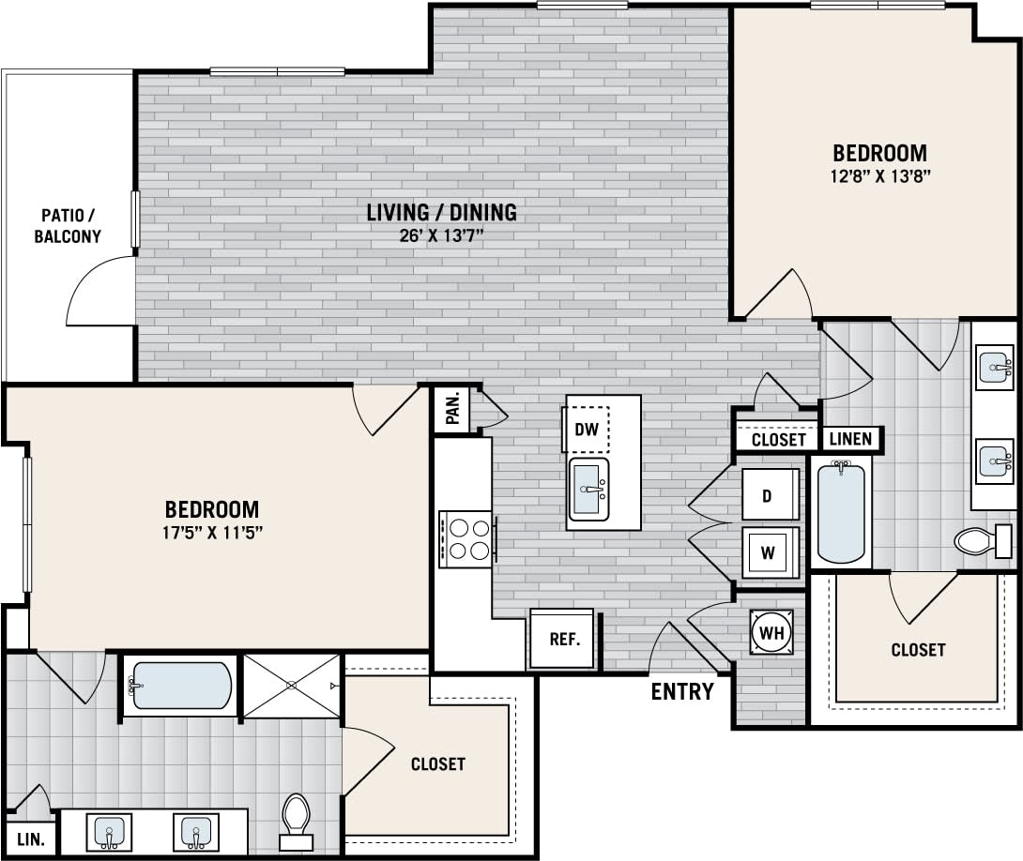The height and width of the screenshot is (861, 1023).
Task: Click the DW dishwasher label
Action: click(587, 430)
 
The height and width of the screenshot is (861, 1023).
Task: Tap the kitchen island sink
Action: click(589, 488)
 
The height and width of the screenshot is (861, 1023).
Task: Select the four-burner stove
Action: click(466, 538)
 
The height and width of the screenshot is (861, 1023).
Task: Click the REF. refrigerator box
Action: click(563, 640)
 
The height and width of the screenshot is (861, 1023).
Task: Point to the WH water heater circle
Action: click(771, 633)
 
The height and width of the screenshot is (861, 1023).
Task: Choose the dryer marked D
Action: click(769, 495)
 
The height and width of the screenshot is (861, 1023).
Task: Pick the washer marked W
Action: click(769, 551)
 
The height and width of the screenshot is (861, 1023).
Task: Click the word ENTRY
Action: click(682, 692)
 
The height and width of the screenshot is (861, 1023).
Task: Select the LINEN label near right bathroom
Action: click(852, 438)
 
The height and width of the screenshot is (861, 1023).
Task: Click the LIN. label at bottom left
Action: click(30, 838)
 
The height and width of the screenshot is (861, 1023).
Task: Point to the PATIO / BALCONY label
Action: click(68, 226)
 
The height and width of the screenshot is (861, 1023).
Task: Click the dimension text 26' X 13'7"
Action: click(441, 235)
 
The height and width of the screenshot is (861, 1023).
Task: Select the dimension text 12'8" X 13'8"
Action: click(879, 174)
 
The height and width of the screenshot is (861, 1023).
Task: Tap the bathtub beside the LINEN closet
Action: click(841, 512)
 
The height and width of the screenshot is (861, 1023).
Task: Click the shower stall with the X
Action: click(291, 686)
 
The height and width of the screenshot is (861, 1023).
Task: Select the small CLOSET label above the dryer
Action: click(778, 439)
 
